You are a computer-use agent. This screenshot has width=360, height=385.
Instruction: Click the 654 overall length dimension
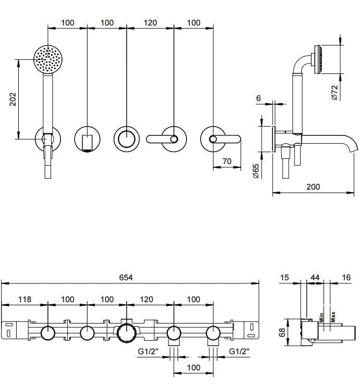coord(126,278)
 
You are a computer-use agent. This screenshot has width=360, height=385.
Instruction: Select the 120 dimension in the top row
coord(150,22)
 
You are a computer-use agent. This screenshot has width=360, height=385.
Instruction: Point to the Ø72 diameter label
coord(335,92)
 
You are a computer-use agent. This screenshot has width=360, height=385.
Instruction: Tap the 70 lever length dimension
coord(227,162)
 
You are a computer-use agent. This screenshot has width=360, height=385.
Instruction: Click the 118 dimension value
coord(25,300)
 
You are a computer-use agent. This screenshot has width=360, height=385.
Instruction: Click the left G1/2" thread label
coord(147,352)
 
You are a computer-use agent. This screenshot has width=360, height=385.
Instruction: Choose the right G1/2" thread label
coord(239,352)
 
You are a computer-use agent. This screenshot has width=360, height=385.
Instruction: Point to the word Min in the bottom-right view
coord(322,316)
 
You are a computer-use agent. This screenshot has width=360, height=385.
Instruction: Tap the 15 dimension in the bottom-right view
coord(284,278)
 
